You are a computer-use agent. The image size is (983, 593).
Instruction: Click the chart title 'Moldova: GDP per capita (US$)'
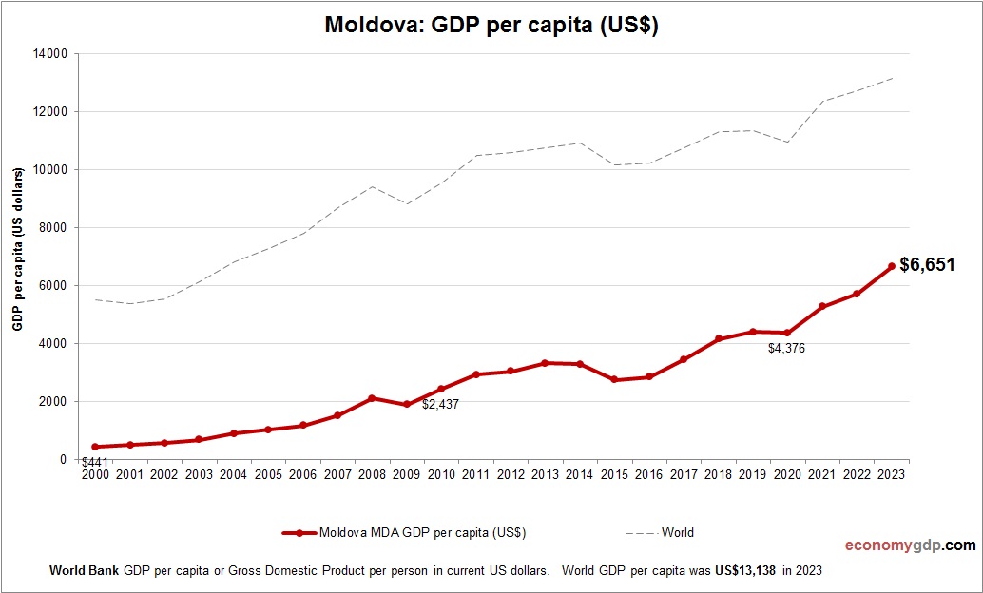tap(491, 25)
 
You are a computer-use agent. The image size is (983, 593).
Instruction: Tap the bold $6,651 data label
tap(927, 265)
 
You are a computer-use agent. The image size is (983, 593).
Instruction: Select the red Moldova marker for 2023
tap(892, 267)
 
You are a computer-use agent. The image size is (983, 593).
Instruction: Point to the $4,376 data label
tap(786, 349)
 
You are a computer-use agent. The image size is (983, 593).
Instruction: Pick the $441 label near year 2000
tap(94, 463)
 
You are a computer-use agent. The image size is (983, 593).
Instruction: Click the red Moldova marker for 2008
tap(372, 398)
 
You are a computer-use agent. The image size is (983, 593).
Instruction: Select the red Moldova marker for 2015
tap(614, 379)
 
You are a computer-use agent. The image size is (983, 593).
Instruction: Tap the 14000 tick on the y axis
tap(49, 54)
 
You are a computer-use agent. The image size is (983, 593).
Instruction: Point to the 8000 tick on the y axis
tap(52, 228)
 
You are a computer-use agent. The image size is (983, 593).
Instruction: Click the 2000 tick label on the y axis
tap(52, 402)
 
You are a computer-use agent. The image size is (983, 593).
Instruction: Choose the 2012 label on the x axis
tap(511, 474)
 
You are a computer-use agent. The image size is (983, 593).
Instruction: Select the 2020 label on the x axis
tap(787, 474)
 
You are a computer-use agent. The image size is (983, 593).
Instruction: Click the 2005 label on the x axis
tap(268, 474)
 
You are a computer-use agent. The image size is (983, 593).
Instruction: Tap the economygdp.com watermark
tap(910, 545)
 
